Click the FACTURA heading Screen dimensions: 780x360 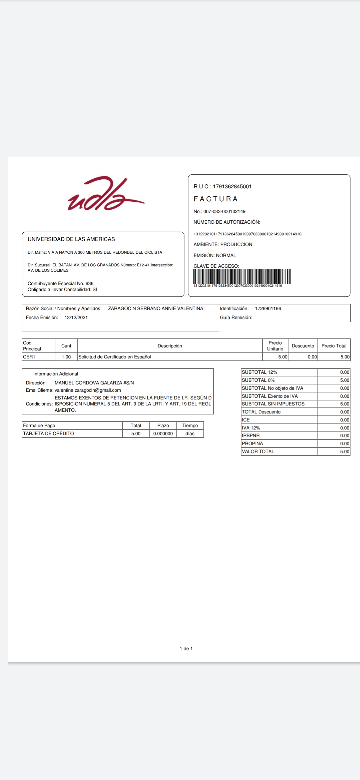[216, 199]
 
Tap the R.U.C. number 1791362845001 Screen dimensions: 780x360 [232, 186]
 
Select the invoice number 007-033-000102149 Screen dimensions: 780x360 [224, 211]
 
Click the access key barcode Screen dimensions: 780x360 [242, 276]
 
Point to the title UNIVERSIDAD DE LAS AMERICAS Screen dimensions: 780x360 [71, 239]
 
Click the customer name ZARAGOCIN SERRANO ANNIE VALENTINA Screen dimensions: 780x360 [155, 308]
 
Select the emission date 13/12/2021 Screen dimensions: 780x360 [76, 317]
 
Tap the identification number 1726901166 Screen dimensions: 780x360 [268, 308]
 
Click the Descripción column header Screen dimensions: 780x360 [170, 346]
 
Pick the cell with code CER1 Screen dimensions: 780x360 [29, 357]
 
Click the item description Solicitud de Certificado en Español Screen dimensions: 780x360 [115, 357]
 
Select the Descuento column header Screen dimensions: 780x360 [303, 346]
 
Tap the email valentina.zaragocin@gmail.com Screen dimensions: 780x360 [88, 390]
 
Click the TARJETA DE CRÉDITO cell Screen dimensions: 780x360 [49, 433]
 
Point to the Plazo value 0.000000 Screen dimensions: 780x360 [163, 433]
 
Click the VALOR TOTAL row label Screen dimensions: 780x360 [258, 451]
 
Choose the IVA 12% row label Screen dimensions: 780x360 [251, 428]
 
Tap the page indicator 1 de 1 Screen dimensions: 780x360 [186, 648]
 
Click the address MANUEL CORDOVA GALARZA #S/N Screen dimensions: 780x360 [94, 383]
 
